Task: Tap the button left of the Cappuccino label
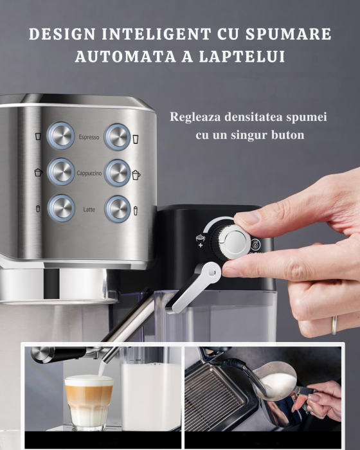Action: point(61,172)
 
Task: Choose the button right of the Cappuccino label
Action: point(118,172)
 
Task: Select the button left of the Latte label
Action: point(61,208)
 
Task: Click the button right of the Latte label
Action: point(118,208)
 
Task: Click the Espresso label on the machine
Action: point(89,137)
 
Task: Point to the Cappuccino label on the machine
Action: point(89,174)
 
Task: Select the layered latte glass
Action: point(89,400)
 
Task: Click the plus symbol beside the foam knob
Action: point(201,245)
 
